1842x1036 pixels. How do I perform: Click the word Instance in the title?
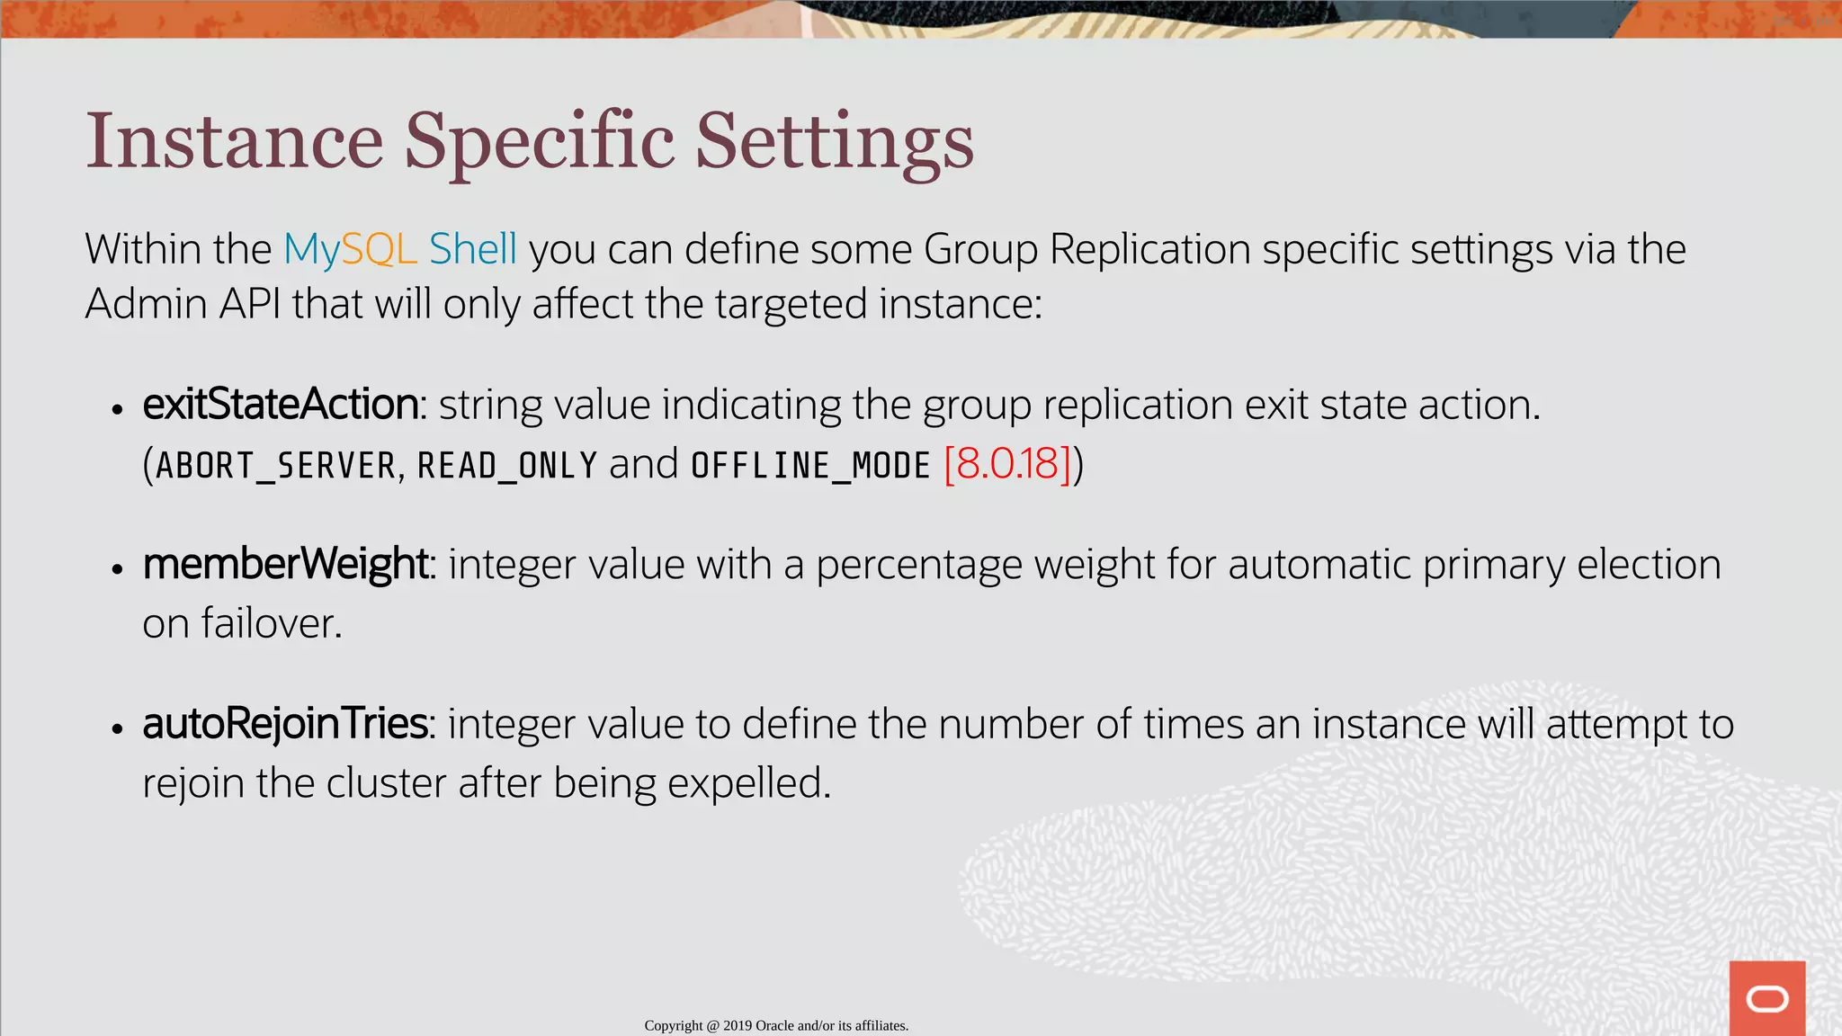tap(234, 141)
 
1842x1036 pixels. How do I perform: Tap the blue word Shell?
tap(472, 249)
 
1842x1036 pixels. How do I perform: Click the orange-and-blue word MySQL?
tap(350, 250)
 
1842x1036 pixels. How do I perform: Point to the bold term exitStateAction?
tap(281, 405)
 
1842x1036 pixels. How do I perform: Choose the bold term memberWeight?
tap(285, 565)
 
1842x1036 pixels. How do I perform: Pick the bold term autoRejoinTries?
tap(285, 724)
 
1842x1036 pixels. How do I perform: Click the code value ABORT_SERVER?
tap(275, 466)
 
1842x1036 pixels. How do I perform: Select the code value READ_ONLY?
tap(507, 466)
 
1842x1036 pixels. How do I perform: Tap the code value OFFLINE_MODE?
tap(810, 466)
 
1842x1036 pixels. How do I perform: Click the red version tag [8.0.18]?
tap(1007, 464)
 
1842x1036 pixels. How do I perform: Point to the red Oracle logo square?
tap(1766, 998)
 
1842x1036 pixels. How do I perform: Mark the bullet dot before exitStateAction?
tap(117, 409)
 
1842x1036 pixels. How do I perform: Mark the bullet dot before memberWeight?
tap(117, 569)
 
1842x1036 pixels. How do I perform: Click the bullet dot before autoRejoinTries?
tap(117, 728)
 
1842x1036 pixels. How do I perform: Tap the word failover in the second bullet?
tap(271, 623)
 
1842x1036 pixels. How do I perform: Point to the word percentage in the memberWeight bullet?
tap(918, 566)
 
